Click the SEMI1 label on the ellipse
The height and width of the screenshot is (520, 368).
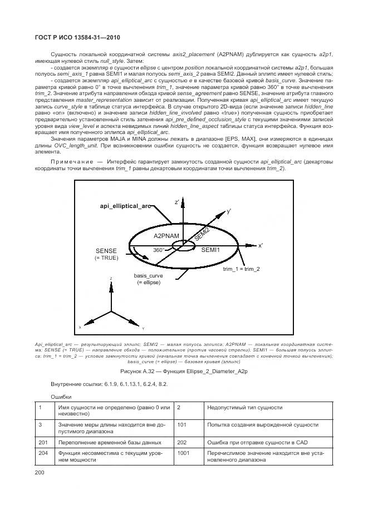pyautogui.click(x=210, y=250)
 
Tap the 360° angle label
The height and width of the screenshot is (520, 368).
pyautogui.click(x=159, y=250)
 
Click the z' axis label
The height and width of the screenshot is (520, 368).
pyautogui.click(x=176, y=202)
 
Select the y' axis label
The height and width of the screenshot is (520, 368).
pyautogui.click(x=229, y=212)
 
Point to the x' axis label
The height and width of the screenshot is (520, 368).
pyautogui.click(x=261, y=245)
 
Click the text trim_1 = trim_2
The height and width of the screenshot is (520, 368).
pyautogui.click(x=241, y=269)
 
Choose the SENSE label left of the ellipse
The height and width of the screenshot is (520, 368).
pyautogui.click(x=106, y=251)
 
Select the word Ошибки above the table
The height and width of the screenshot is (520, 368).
pyautogui.click(x=61, y=397)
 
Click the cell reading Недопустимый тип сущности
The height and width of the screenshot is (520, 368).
pyautogui.click(x=244, y=408)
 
